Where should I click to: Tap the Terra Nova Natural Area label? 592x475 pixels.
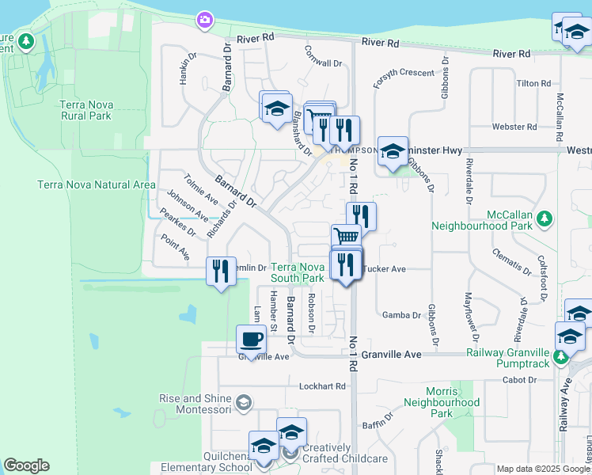(97, 184)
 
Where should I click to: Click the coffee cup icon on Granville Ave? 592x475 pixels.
(251, 340)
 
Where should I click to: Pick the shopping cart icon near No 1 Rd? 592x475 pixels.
(346, 236)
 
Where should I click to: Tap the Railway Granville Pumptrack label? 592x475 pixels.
(507, 358)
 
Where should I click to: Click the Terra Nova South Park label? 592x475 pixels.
(298, 273)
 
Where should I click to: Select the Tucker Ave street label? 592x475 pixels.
(385, 269)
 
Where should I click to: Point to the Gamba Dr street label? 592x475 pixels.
(402, 314)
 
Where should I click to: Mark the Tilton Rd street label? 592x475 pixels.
(533, 83)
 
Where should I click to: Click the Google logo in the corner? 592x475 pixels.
(26, 465)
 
